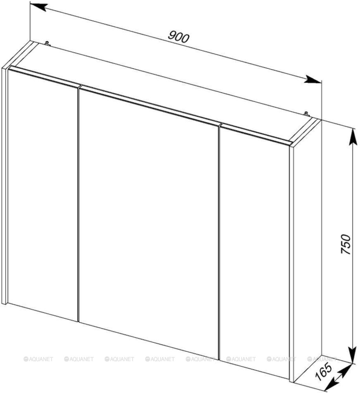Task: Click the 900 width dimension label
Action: point(178,37)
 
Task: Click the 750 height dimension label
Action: point(346,244)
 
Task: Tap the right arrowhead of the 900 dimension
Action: point(313,79)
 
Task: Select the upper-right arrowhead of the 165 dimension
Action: point(345,369)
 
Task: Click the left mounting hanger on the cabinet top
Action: point(47,43)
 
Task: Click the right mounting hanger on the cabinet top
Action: point(307,114)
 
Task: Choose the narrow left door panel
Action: point(42,194)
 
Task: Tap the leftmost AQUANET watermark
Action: point(39,359)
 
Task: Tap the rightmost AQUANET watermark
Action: point(322,359)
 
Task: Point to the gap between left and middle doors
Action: point(78,204)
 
